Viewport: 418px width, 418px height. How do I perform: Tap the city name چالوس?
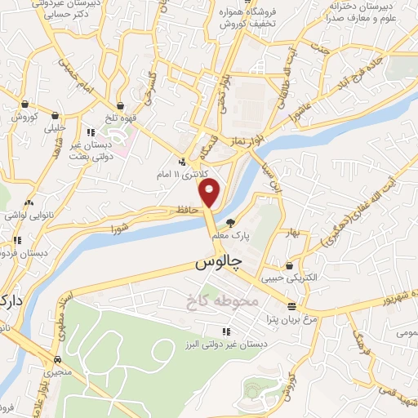tap(219, 264)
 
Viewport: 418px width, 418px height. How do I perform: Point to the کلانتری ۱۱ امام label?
tap(186, 174)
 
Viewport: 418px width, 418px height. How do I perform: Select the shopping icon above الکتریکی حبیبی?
tap(290, 265)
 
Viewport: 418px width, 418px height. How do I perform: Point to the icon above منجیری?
tap(57, 359)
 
